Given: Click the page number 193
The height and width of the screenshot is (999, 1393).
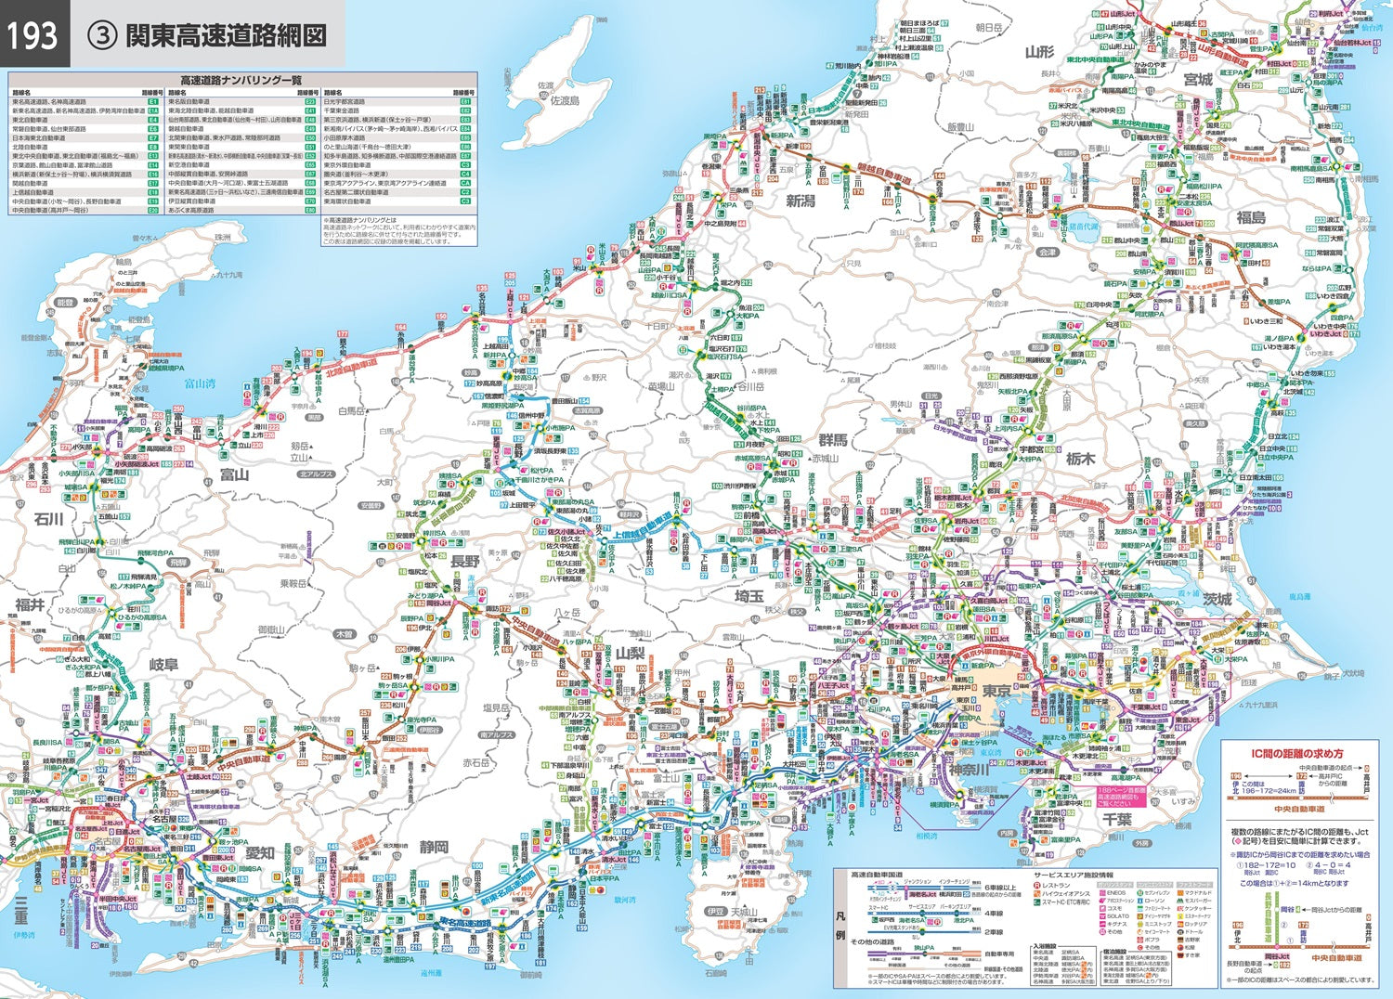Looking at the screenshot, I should click(33, 34).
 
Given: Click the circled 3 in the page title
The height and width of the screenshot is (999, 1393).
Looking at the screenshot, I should click(100, 35).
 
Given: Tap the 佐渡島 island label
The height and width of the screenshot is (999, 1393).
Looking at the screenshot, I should click(564, 99).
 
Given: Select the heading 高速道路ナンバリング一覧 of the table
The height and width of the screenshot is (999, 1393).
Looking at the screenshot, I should click(241, 81).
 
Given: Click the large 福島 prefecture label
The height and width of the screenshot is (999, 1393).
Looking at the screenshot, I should click(1250, 217).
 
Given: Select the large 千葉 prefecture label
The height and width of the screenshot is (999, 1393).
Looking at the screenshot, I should click(1116, 820).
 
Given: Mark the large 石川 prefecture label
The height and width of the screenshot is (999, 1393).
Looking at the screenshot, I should click(48, 519).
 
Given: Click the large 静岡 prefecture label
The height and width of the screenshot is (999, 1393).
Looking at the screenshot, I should click(434, 847).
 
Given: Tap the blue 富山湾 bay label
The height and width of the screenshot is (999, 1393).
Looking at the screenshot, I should click(199, 382).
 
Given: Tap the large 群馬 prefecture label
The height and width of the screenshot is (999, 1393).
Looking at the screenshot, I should click(832, 440).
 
